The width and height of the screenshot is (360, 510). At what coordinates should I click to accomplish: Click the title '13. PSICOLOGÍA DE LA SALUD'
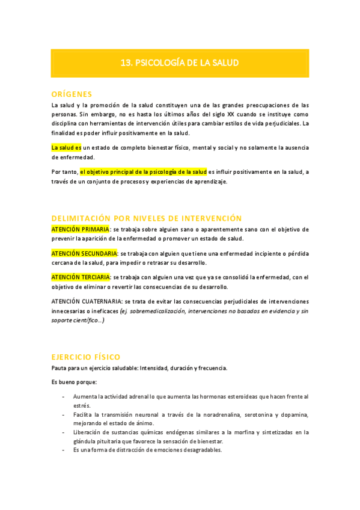point(180,63)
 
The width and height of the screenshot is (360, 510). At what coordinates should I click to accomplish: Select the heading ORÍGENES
point(72,94)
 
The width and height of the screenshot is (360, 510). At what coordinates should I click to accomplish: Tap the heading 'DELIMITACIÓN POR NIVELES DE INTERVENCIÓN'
point(146,218)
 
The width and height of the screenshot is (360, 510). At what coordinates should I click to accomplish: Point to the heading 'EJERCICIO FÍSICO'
point(85,357)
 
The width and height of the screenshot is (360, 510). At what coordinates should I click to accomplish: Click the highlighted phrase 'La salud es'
point(66,147)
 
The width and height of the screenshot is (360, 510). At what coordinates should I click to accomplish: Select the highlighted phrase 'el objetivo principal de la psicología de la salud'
point(143,171)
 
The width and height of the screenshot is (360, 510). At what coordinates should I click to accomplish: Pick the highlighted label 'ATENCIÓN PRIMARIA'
point(80,229)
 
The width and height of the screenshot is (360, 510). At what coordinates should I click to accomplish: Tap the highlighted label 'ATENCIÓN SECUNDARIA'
point(84,253)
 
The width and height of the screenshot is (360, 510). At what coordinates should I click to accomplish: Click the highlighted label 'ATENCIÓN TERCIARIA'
point(81,277)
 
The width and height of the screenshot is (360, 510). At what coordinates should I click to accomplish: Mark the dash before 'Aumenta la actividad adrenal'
point(64,397)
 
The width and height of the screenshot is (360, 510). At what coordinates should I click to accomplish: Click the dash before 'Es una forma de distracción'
point(64,449)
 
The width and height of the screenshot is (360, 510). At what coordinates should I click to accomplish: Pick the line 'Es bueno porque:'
point(74,382)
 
